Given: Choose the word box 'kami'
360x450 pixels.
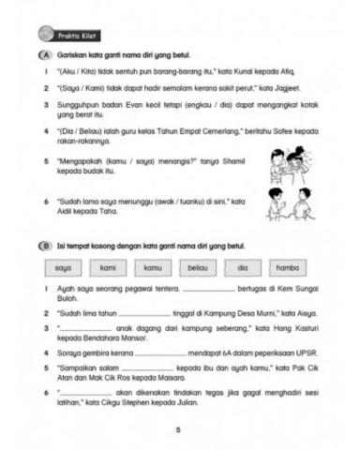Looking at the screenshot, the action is tap(109, 268).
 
